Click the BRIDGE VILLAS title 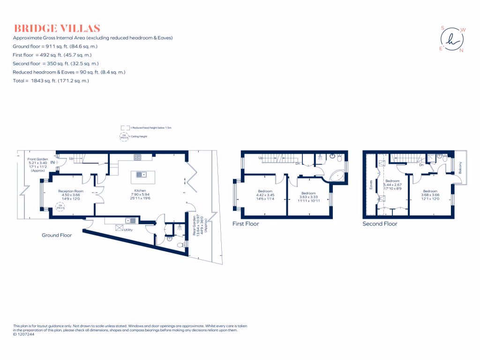(x=57, y=28)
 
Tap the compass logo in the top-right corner (x=453, y=39)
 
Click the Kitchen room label (x=140, y=191)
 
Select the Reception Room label (x=71, y=191)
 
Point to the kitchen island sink (x=142, y=175)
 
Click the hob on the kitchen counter (x=137, y=157)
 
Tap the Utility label (x=128, y=230)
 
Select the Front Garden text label (x=37, y=159)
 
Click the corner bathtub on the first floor (x=337, y=176)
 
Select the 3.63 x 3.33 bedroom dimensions (x=308, y=197)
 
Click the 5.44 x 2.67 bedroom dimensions (x=393, y=185)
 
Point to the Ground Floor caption (x=57, y=235)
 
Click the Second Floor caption (x=380, y=224)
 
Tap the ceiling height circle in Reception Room (x=59, y=206)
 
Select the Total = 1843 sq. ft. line (x=51, y=81)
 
